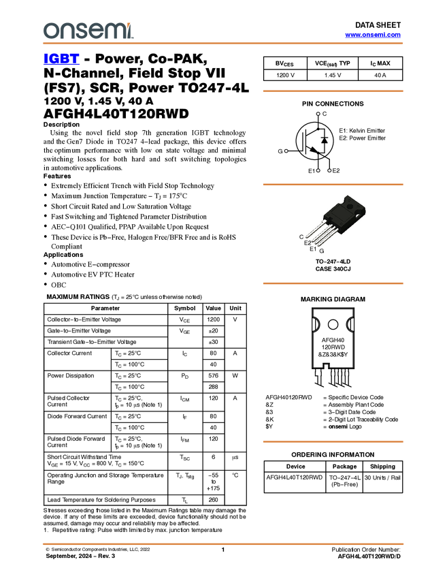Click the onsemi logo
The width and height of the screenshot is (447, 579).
click(x=88, y=31)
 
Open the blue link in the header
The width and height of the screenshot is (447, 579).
click(x=373, y=35)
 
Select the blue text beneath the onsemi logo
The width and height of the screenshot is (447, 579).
click(x=61, y=60)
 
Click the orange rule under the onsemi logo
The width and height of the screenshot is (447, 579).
click(x=222, y=44)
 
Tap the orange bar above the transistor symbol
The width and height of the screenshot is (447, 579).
click(x=333, y=91)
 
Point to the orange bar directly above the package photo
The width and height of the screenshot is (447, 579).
click(x=333, y=185)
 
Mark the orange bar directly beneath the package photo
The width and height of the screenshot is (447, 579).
click(x=333, y=283)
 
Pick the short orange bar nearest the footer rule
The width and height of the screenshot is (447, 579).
click(x=333, y=441)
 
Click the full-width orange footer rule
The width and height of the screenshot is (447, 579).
click(x=222, y=544)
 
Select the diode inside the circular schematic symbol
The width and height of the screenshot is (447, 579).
click(x=325, y=140)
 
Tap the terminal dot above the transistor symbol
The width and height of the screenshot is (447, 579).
click(x=318, y=113)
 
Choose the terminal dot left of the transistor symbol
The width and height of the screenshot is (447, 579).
click(x=286, y=151)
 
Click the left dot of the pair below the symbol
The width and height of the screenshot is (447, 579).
click(x=318, y=170)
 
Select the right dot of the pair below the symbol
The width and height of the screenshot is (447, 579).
click(x=329, y=170)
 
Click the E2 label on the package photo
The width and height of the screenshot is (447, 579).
click(x=308, y=242)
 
